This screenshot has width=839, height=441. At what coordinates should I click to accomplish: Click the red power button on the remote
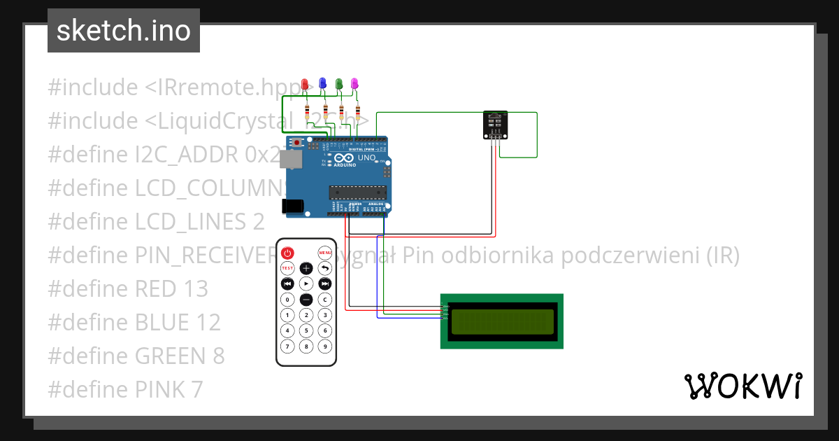(x=287, y=253)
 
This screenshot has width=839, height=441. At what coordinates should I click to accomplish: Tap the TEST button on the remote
(x=287, y=268)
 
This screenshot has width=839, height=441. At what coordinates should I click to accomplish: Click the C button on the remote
(x=325, y=300)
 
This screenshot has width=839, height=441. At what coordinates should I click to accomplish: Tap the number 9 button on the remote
(x=325, y=346)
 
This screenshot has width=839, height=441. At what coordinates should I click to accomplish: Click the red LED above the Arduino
(x=305, y=85)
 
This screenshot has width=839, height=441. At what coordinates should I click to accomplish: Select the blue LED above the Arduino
(x=322, y=83)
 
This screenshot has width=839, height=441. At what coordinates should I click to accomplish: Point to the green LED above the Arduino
(x=339, y=84)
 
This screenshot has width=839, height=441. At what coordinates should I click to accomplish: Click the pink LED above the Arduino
(x=354, y=84)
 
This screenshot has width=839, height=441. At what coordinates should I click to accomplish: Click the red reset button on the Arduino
(x=298, y=143)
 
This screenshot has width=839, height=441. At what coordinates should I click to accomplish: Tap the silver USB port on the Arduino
(x=289, y=160)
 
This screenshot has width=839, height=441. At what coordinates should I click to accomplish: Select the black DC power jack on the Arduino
(x=292, y=206)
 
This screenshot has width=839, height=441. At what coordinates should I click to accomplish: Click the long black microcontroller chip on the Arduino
(x=358, y=192)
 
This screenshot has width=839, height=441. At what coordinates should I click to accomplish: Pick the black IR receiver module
(x=496, y=125)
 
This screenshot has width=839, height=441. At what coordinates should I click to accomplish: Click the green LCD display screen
(x=502, y=321)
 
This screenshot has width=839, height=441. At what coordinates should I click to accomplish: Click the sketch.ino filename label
(x=124, y=31)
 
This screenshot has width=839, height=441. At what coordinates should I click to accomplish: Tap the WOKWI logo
(x=743, y=386)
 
